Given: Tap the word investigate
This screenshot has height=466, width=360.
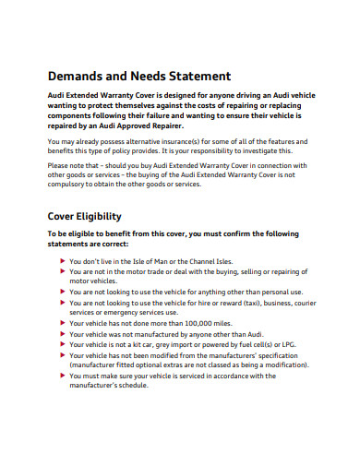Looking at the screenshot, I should click(276, 151).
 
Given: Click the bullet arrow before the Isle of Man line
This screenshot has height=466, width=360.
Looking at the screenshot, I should click(63, 261).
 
